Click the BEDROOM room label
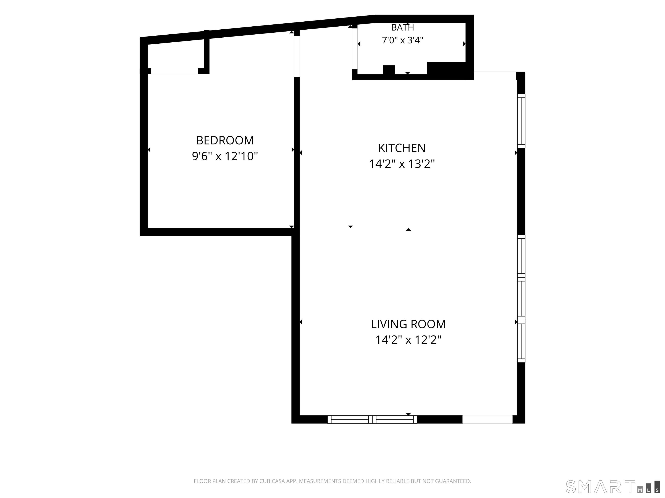click(225, 140)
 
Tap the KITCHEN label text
click(402, 148)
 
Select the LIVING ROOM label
click(408, 324)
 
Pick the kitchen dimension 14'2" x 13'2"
click(402, 164)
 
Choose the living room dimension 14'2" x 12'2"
click(408, 340)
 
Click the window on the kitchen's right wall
click(521, 121)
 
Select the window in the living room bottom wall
click(372, 419)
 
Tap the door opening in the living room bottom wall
click(487, 419)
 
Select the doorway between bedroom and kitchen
click(297, 56)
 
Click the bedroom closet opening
click(174, 71)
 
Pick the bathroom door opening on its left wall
click(355, 49)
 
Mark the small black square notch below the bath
click(388, 70)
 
